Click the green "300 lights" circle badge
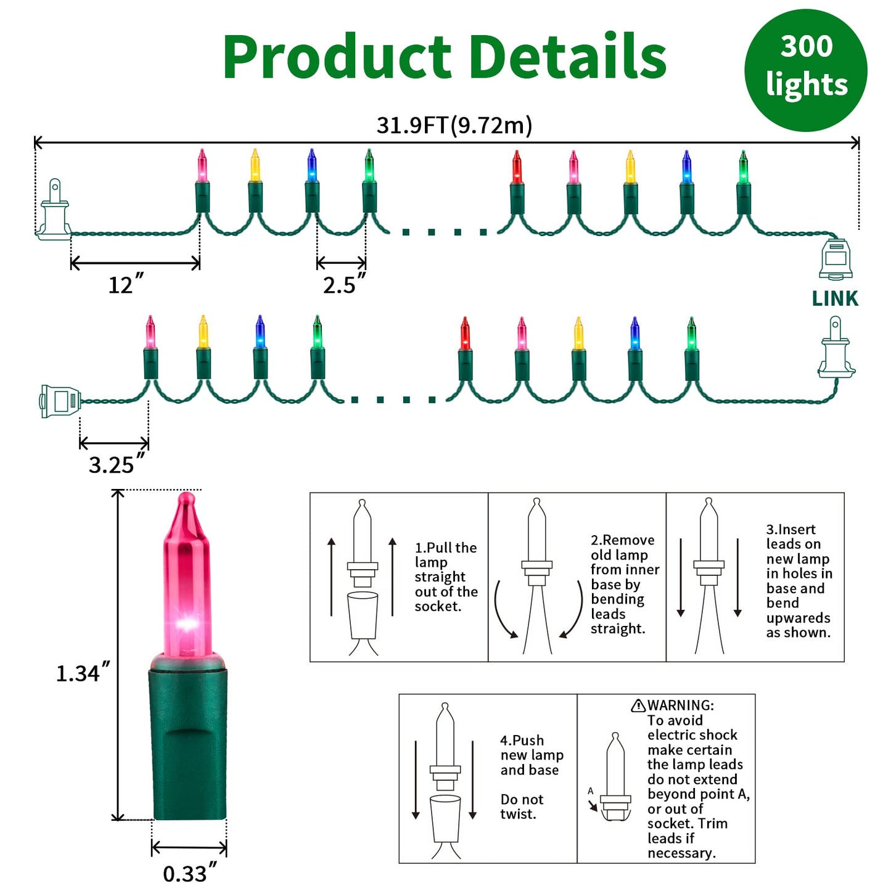pos(805,70)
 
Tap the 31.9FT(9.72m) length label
pos(454,125)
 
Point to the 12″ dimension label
pos(125,285)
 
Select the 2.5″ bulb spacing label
pos(343,284)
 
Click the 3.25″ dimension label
pos(116,464)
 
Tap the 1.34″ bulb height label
pos(83,673)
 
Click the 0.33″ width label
pos(189,873)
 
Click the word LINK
pos(835,298)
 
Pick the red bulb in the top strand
pos(517,167)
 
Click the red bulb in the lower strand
pos(465,334)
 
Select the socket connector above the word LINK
pos(836,259)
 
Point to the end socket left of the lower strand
pos(60,401)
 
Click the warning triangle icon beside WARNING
pos(638,705)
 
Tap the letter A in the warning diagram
pos(590,791)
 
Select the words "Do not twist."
pos(522,807)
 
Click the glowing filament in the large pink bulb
pos(186,624)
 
